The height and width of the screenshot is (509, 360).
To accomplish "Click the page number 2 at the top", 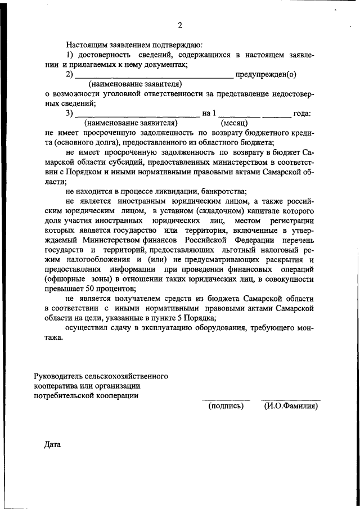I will click(x=180, y=25).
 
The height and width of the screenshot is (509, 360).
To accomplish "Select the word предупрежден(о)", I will click(x=266, y=74).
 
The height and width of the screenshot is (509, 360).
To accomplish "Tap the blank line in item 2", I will click(x=154, y=75).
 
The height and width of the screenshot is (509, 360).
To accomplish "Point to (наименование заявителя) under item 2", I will click(x=137, y=84).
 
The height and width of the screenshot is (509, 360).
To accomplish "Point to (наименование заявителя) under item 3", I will click(x=130, y=122).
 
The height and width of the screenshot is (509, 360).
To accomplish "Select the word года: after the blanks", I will click(x=303, y=113).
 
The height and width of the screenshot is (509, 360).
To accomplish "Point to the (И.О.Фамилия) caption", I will click(x=291, y=406).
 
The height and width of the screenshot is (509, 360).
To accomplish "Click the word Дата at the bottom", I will click(x=52, y=444).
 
